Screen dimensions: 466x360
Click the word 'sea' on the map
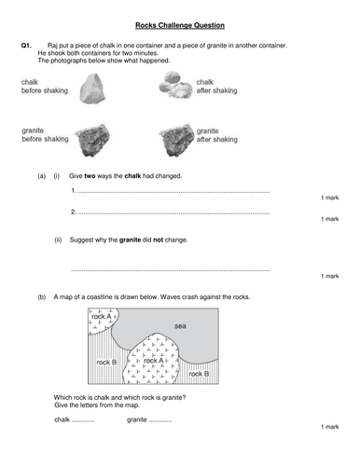(180, 325)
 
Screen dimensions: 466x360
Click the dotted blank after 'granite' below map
(159, 419)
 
